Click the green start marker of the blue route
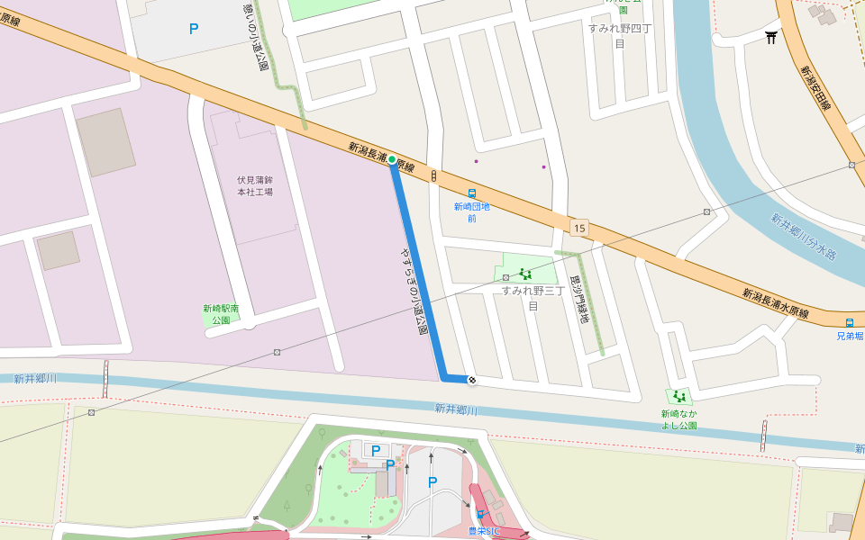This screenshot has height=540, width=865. coord(392,159)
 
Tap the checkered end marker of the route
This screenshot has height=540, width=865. coord(471,380)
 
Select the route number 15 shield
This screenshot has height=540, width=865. coord(578,228)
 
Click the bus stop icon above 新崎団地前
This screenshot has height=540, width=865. coord(471,193)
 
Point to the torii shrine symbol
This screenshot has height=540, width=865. coord(771,37)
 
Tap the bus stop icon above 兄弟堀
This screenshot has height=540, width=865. coord(849,323)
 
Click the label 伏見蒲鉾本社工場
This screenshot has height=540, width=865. coord(255,185)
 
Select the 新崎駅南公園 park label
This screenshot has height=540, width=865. coord(221,313)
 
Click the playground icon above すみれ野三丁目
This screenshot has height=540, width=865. coord(525,274)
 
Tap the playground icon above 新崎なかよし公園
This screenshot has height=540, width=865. coord(678,396)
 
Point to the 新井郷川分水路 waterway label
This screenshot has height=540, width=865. coord(804,236)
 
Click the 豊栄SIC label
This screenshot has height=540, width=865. coord(484,531)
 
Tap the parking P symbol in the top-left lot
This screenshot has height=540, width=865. coord(194,29)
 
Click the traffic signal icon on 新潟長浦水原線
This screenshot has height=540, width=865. coord(433,175)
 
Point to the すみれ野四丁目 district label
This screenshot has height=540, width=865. coord(619,35)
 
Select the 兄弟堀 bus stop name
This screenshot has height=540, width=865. coord(849,336)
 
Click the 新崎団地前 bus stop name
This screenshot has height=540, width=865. coord(471,211)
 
